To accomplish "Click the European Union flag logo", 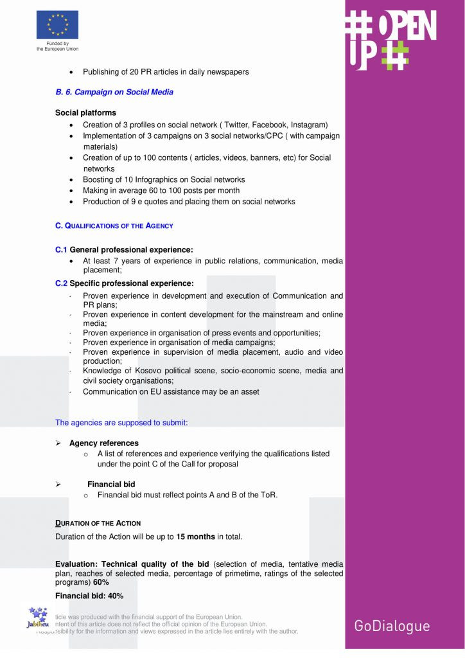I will pyautogui.click(x=57, y=24).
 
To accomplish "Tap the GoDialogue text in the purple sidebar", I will pyautogui.click(x=392, y=626).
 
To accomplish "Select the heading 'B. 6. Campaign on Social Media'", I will pyautogui.click(x=114, y=92).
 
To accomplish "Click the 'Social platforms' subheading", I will pyautogui.click(x=85, y=113).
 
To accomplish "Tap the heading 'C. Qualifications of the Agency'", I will pyautogui.click(x=114, y=226).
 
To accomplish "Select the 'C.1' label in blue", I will pyautogui.click(x=61, y=249).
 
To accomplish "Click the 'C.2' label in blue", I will pyautogui.click(x=61, y=283).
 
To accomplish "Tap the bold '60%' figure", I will pyautogui.click(x=101, y=582).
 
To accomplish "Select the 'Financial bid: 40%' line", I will pyautogui.click(x=89, y=596).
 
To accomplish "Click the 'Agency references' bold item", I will pyautogui.click(x=103, y=443).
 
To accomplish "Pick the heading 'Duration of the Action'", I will pyautogui.click(x=98, y=523).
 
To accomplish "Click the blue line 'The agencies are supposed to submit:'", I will pyautogui.click(x=121, y=423).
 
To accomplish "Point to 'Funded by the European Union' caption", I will pyautogui.click(x=57, y=46).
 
